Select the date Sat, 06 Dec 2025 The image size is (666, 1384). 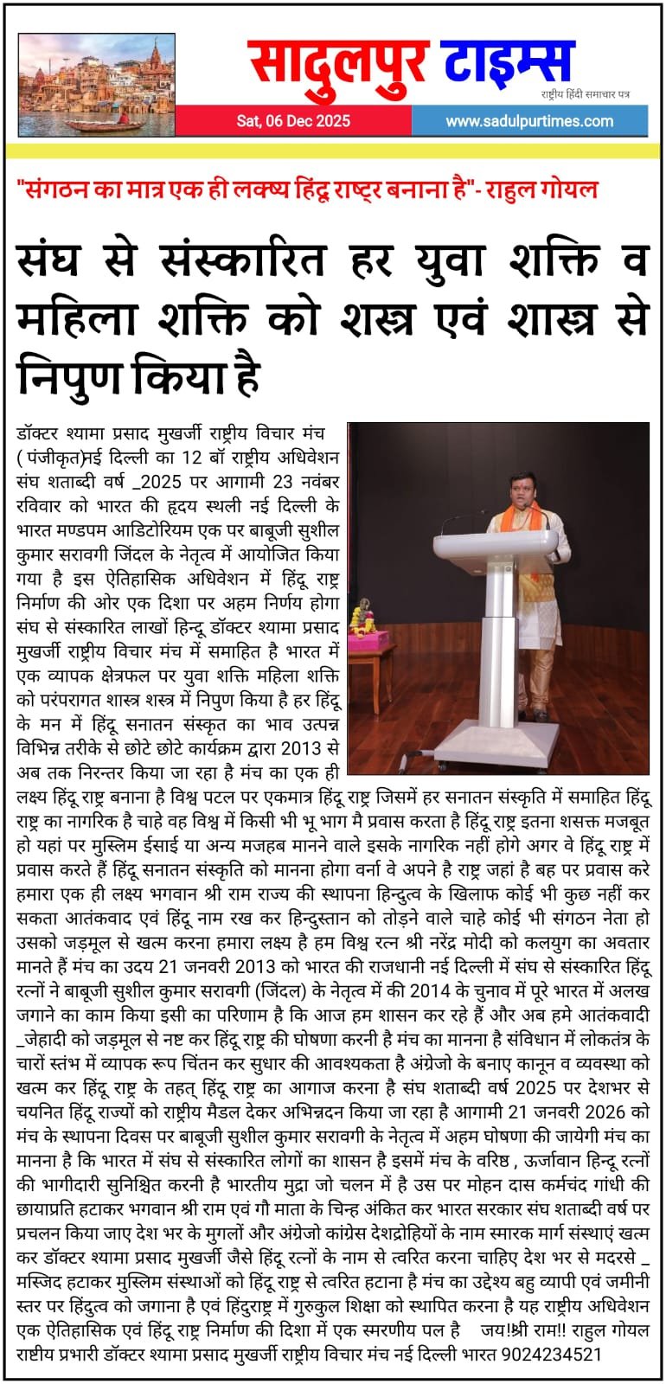click(293, 121)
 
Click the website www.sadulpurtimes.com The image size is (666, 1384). click(529, 121)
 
